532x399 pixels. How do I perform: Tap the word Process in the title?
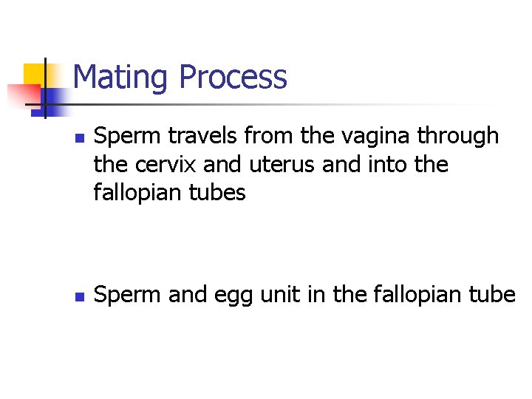tap(233, 78)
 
